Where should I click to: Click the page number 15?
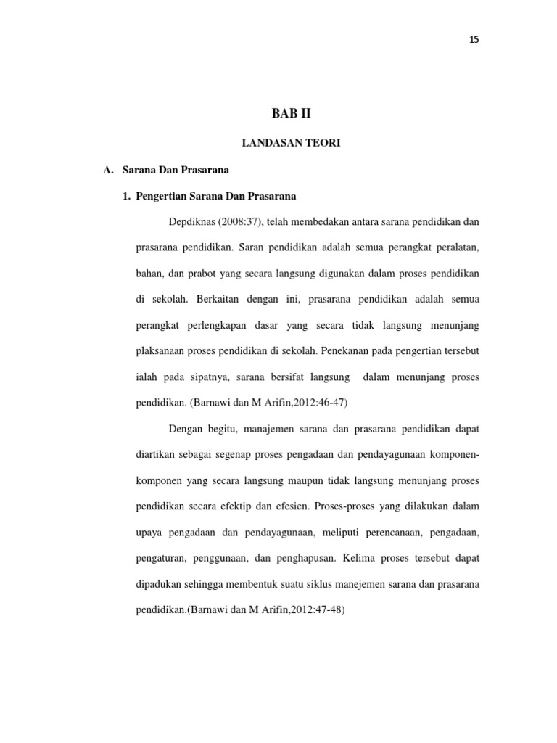click(474, 40)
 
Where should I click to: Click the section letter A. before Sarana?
click(110, 170)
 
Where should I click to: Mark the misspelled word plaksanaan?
click(163, 350)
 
